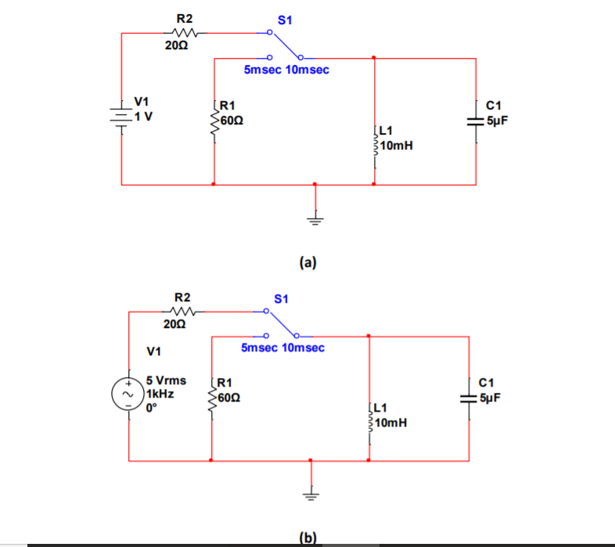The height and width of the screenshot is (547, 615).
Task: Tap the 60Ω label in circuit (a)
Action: pyautogui.click(x=232, y=121)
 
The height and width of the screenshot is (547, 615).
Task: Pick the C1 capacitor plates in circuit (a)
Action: pyautogui.click(x=476, y=121)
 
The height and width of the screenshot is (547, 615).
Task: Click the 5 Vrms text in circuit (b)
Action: pyautogui.click(x=166, y=381)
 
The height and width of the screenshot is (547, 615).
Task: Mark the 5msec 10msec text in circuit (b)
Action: pyautogui.click(x=282, y=347)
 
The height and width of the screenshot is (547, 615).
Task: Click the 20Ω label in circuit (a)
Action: pyautogui.click(x=176, y=46)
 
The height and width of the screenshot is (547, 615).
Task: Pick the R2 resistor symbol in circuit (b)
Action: pyautogui.click(x=183, y=310)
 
